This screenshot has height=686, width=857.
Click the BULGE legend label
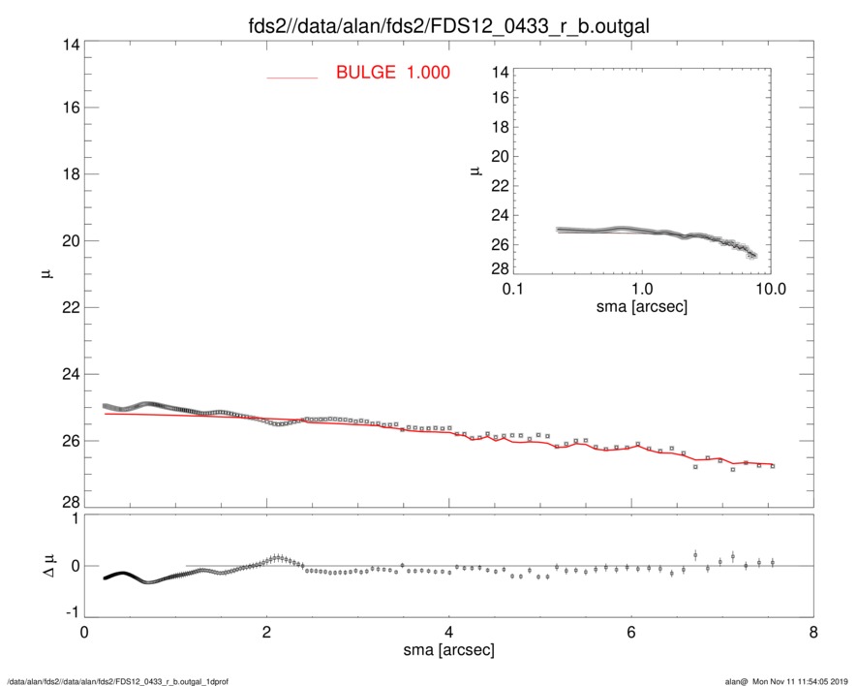(366, 73)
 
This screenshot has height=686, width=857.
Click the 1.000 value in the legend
(427, 73)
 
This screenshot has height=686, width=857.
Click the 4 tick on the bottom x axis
(449, 631)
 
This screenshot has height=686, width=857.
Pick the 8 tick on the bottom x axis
(813, 631)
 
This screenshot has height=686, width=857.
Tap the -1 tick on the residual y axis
(64, 612)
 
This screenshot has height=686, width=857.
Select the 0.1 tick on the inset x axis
(514, 291)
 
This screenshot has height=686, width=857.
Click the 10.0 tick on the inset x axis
(770, 291)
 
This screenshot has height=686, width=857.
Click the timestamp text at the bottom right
(789, 681)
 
